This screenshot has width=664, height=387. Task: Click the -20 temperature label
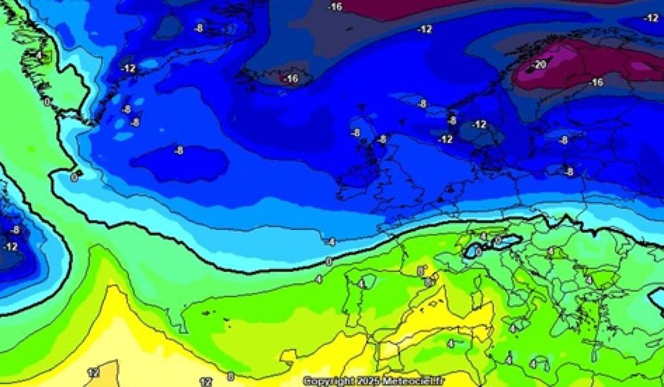click(538, 65)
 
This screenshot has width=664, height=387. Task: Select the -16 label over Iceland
click(291, 79)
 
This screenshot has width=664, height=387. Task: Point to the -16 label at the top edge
click(335, 7)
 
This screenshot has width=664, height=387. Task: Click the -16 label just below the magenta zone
click(595, 82)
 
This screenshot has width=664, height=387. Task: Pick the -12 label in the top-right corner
click(651, 18)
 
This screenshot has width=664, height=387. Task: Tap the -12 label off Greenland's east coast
click(128, 69)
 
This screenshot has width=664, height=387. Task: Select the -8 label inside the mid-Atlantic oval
click(179, 150)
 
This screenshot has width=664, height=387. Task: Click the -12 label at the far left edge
click(10, 247)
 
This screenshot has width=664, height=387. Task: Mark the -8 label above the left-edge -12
click(15, 229)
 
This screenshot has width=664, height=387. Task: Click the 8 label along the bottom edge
click(231, 376)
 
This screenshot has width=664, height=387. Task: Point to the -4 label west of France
click(330, 242)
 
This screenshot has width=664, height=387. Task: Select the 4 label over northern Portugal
click(361, 284)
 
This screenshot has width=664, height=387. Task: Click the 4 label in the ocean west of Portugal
click(319, 279)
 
